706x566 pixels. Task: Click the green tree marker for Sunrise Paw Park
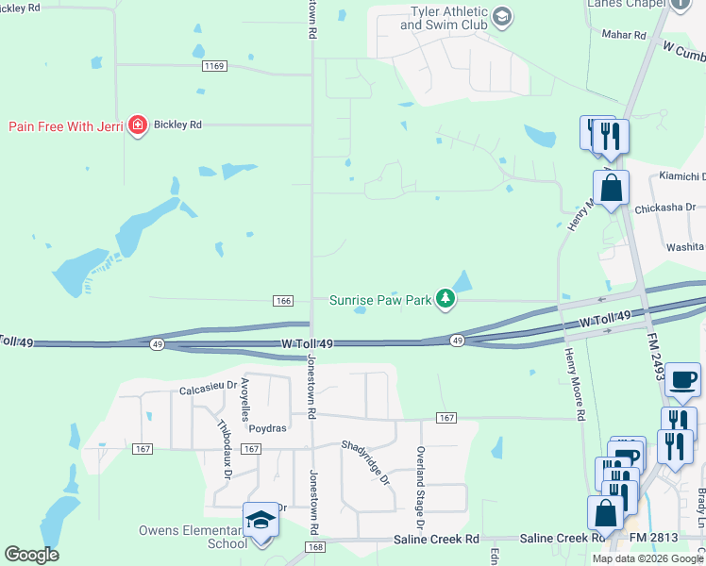(x=445, y=300)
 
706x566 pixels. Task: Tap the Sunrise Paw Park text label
(x=380, y=301)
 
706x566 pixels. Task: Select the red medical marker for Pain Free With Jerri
(x=138, y=125)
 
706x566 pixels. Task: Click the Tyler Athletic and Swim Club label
(x=443, y=18)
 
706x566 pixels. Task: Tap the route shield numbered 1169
(x=215, y=66)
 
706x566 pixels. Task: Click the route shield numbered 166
(x=282, y=300)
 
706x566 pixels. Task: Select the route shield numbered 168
(x=315, y=547)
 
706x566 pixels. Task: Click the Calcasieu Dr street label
(x=208, y=390)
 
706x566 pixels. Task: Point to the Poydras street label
(x=267, y=427)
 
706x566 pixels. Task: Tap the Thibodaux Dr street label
(x=225, y=449)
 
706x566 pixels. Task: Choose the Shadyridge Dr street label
(x=365, y=462)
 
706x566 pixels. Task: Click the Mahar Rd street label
(x=624, y=35)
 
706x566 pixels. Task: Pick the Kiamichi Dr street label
(x=679, y=176)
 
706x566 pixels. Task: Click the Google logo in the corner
(x=31, y=554)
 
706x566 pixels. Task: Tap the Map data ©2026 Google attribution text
(x=647, y=558)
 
